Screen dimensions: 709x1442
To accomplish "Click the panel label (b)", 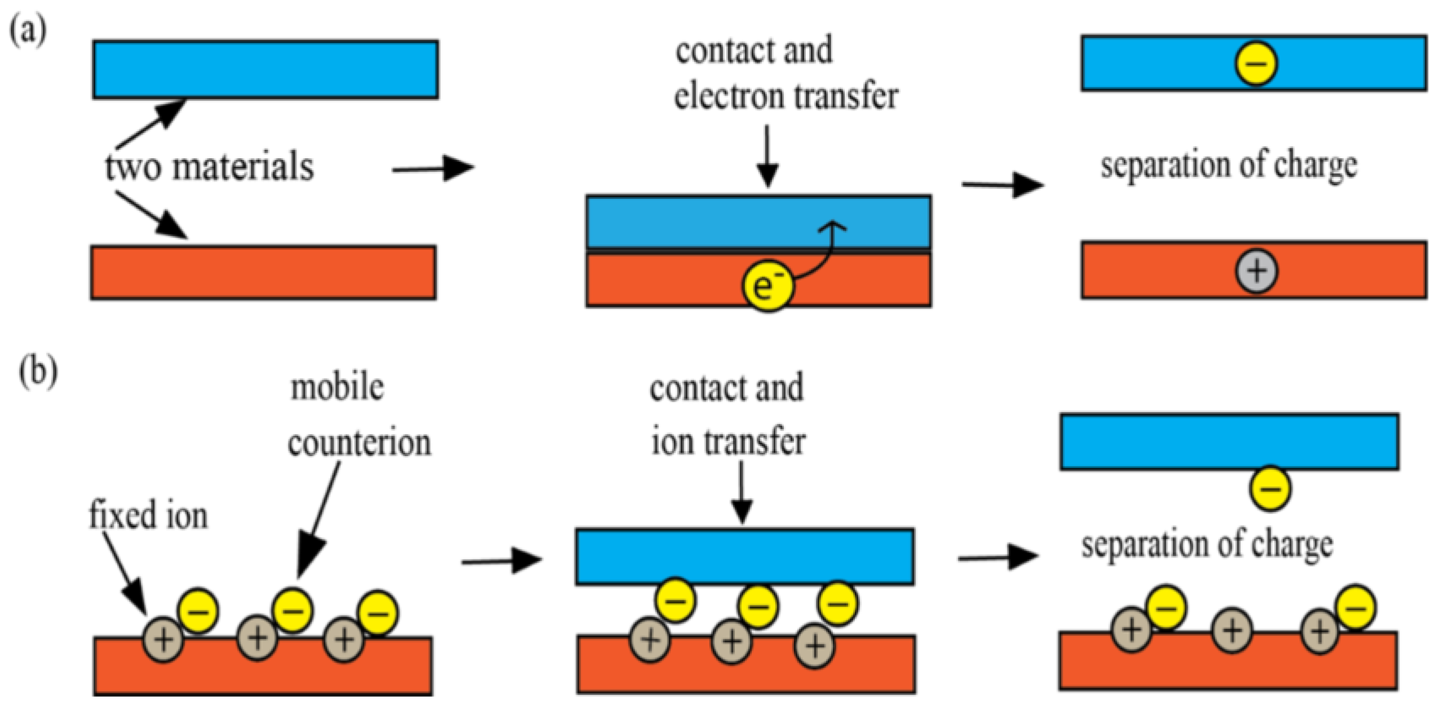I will [x=38, y=372].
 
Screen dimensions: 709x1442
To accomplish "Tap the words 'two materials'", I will [x=209, y=167].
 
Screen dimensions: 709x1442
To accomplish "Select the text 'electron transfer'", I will [x=786, y=96].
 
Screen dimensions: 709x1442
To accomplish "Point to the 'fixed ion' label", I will [x=148, y=515].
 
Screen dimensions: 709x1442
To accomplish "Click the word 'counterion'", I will [x=359, y=443].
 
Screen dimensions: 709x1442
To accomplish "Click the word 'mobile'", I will [x=337, y=387].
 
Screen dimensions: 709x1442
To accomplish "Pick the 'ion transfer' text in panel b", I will [x=728, y=442].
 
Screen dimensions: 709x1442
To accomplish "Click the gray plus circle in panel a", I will [x=1257, y=271].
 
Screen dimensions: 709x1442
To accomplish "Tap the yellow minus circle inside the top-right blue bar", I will [x=1256, y=63].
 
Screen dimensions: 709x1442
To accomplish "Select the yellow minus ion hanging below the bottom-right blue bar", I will [x=1270, y=488].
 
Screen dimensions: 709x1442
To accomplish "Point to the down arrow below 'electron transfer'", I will [x=767, y=155].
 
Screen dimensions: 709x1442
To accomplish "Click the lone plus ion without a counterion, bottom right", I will [x=1232, y=630].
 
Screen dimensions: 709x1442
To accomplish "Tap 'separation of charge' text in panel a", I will [x=1228, y=166].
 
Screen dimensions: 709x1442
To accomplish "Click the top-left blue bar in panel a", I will [x=265, y=69].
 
